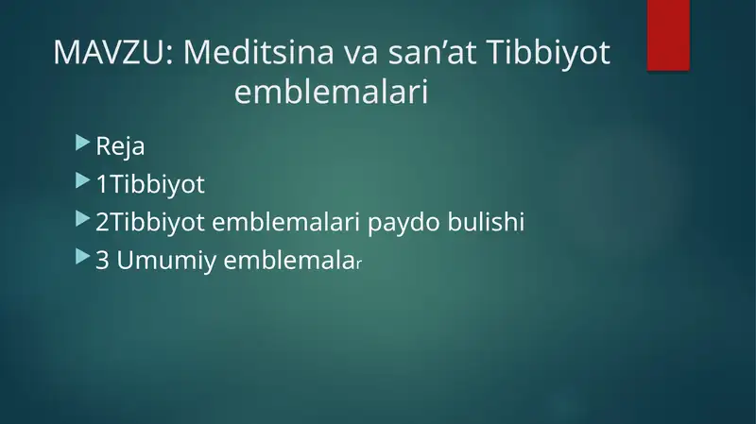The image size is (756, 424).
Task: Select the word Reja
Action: tap(121, 147)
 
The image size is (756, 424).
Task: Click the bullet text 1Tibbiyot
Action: tap(150, 184)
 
